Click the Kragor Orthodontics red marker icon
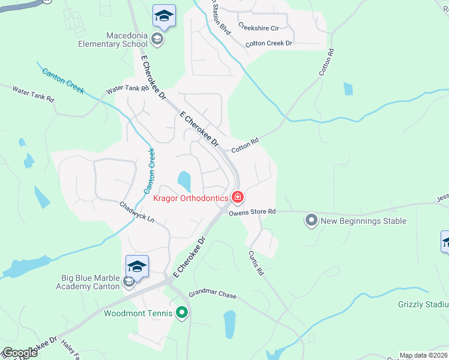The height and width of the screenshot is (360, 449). (238, 197)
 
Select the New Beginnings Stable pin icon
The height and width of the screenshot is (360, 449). (311, 220)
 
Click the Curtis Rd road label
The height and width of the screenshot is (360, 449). (256, 262)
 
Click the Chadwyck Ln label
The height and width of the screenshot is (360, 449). (137, 212)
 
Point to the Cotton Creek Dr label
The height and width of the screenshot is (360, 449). (268, 44)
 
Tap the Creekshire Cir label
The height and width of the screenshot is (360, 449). (259, 27)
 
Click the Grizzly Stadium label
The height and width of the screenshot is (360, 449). (423, 304)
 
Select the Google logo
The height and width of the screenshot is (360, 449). (20, 353)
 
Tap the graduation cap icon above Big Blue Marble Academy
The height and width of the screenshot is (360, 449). (137, 266)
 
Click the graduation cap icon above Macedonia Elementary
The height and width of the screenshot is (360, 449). (163, 16)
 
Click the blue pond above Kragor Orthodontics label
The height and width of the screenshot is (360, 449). (184, 179)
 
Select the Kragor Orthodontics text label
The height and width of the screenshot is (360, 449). (190, 198)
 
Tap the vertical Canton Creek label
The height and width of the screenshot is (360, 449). (151, 170)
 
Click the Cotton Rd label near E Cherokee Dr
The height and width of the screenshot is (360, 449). (246, 145)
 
